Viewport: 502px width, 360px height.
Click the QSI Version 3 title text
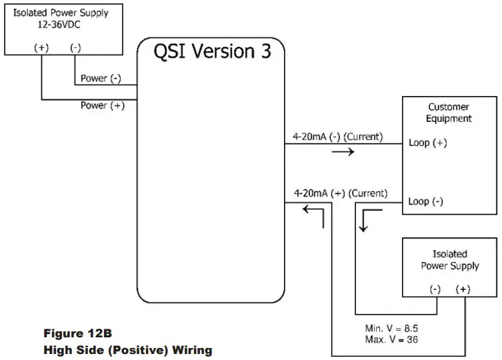click(x=213, y=52)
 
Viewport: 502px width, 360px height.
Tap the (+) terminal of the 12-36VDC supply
click(x=42, y=47)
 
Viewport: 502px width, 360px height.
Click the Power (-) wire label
click(x=101, y=79)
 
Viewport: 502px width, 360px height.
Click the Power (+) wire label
click(x=102, y=105)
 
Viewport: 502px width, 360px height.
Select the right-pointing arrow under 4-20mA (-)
click(x=343, y=151)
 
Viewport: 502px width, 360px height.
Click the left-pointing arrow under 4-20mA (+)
click(x=313, y=209)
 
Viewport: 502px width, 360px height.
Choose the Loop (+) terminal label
click(x=427, y=143)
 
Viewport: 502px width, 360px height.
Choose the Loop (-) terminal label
click(x=425, y=201)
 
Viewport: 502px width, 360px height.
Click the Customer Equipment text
click(x=449, y=113)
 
